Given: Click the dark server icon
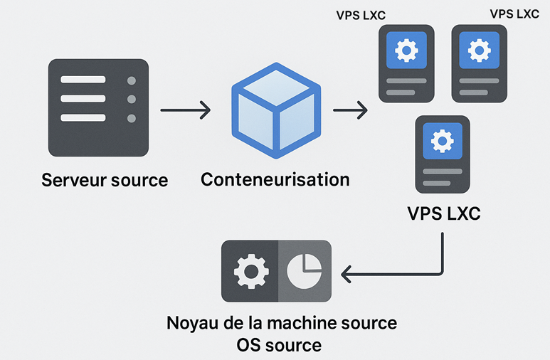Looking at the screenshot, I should coord(98,107).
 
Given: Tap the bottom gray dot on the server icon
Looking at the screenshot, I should coord(130,118).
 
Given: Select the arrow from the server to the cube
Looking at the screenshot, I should coord(185,110).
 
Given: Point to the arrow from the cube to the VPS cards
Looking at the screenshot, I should coord(350,110).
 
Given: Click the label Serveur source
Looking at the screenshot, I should coord(105,179).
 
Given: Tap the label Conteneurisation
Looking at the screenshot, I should coord(275,179).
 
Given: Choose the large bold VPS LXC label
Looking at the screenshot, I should coord(443,213).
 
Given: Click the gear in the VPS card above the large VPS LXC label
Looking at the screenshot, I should coord(443,141).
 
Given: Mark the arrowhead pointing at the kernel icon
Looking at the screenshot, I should coord(348,272).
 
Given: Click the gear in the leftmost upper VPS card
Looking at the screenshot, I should coord(406,51).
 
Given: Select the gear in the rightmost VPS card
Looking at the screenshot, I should coord(480,51).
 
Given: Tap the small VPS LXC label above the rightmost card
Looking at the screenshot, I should coord(514,14).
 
